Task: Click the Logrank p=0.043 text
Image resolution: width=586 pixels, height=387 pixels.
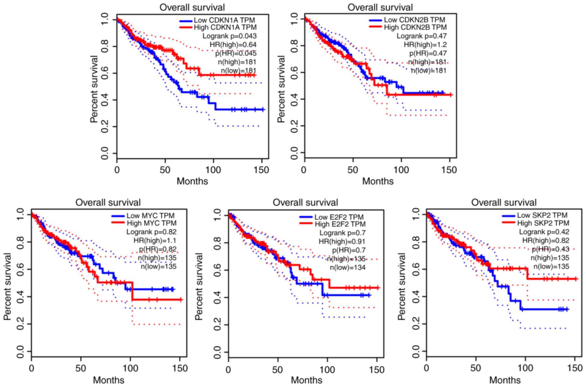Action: click(229, 36)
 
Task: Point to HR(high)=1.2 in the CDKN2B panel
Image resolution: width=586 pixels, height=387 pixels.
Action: click(425, 45)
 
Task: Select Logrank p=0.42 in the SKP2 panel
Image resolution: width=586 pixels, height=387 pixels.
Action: click(544, 232)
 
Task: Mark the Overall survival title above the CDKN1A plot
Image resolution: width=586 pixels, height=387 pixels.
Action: click(192, 7)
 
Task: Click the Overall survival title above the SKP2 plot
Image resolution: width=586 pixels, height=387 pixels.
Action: click(504, 202)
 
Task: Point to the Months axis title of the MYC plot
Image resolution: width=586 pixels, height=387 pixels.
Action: click(108, 380)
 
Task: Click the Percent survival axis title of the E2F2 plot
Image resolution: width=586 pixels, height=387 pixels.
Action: click(199, 287)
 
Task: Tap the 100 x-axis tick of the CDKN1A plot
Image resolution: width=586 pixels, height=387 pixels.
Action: click(213, 170)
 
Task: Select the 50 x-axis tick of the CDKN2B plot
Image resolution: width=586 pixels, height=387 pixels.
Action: click(352, 170)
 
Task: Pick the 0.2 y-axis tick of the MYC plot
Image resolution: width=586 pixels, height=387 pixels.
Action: click(20, 324)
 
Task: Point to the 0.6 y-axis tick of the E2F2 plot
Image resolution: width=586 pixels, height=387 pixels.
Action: click(217, 270)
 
